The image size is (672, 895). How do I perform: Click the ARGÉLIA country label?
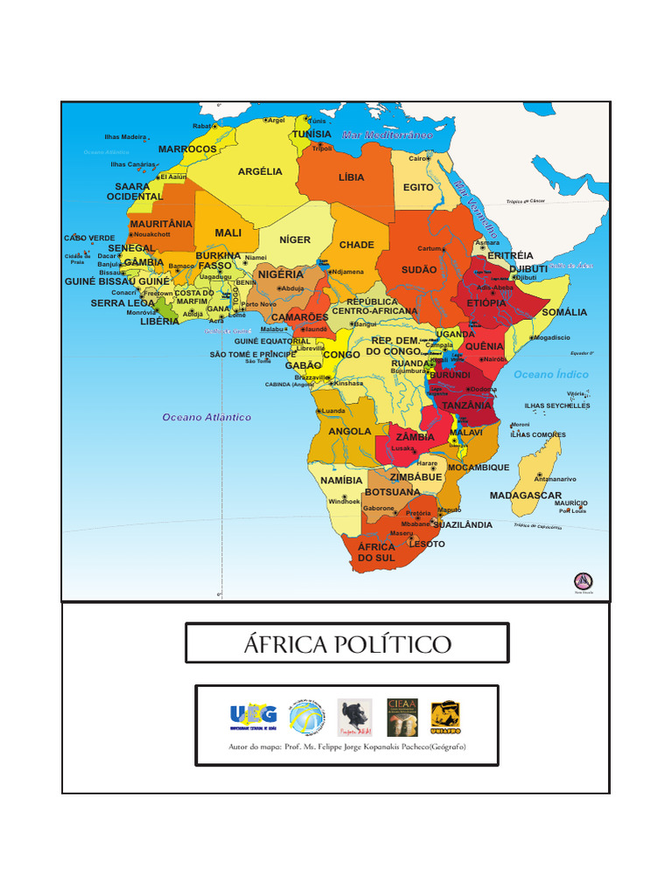pos(260,171)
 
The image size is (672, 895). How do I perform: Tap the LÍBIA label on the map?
pos(351,177)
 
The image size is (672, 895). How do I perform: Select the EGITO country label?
pos(418,187)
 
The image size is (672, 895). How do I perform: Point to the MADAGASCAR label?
pos(525,496)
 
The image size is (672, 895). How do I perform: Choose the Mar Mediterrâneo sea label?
pos(388,135)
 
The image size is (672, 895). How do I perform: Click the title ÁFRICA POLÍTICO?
pos(346,645)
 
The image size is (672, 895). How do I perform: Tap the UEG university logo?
pos(253,714)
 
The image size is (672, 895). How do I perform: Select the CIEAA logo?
pos(402,716)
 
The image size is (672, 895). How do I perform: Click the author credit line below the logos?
pos(346,747)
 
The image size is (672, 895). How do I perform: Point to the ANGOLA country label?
pos(349,431)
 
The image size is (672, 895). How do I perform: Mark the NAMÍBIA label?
pos(341,481)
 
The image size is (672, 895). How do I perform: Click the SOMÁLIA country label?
pos(564,312)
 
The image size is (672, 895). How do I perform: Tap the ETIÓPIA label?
pos(486,303)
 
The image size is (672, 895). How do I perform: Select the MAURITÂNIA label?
pos(161,225)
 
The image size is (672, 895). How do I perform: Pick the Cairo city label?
pos(417,159)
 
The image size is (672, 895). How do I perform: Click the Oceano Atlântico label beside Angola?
pos(206,417)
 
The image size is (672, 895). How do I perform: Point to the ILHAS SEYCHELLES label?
pos(556,406)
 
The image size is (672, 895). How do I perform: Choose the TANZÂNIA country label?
pos(466,406)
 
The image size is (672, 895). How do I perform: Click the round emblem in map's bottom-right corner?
pos(583,581)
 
